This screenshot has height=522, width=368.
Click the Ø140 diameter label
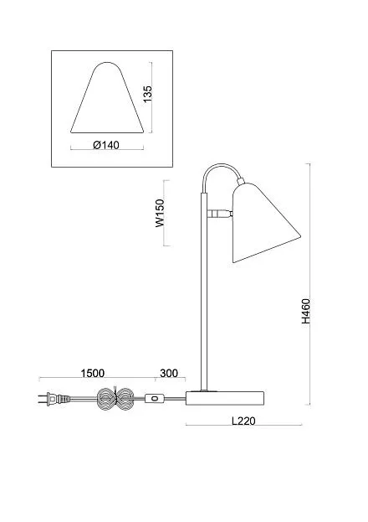point(106,145)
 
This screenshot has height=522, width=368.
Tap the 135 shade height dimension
point(147,94)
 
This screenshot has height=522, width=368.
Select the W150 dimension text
point(161,213)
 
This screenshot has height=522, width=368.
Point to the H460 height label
point(305,311)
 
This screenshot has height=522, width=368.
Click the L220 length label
point(243,421)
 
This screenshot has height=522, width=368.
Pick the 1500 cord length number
point(92,373)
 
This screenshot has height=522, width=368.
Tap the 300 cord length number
point(169,373)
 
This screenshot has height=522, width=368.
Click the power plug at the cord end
point(54,398)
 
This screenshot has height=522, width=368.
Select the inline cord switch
point(154,398)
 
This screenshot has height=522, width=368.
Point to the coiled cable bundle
point(115,398)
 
